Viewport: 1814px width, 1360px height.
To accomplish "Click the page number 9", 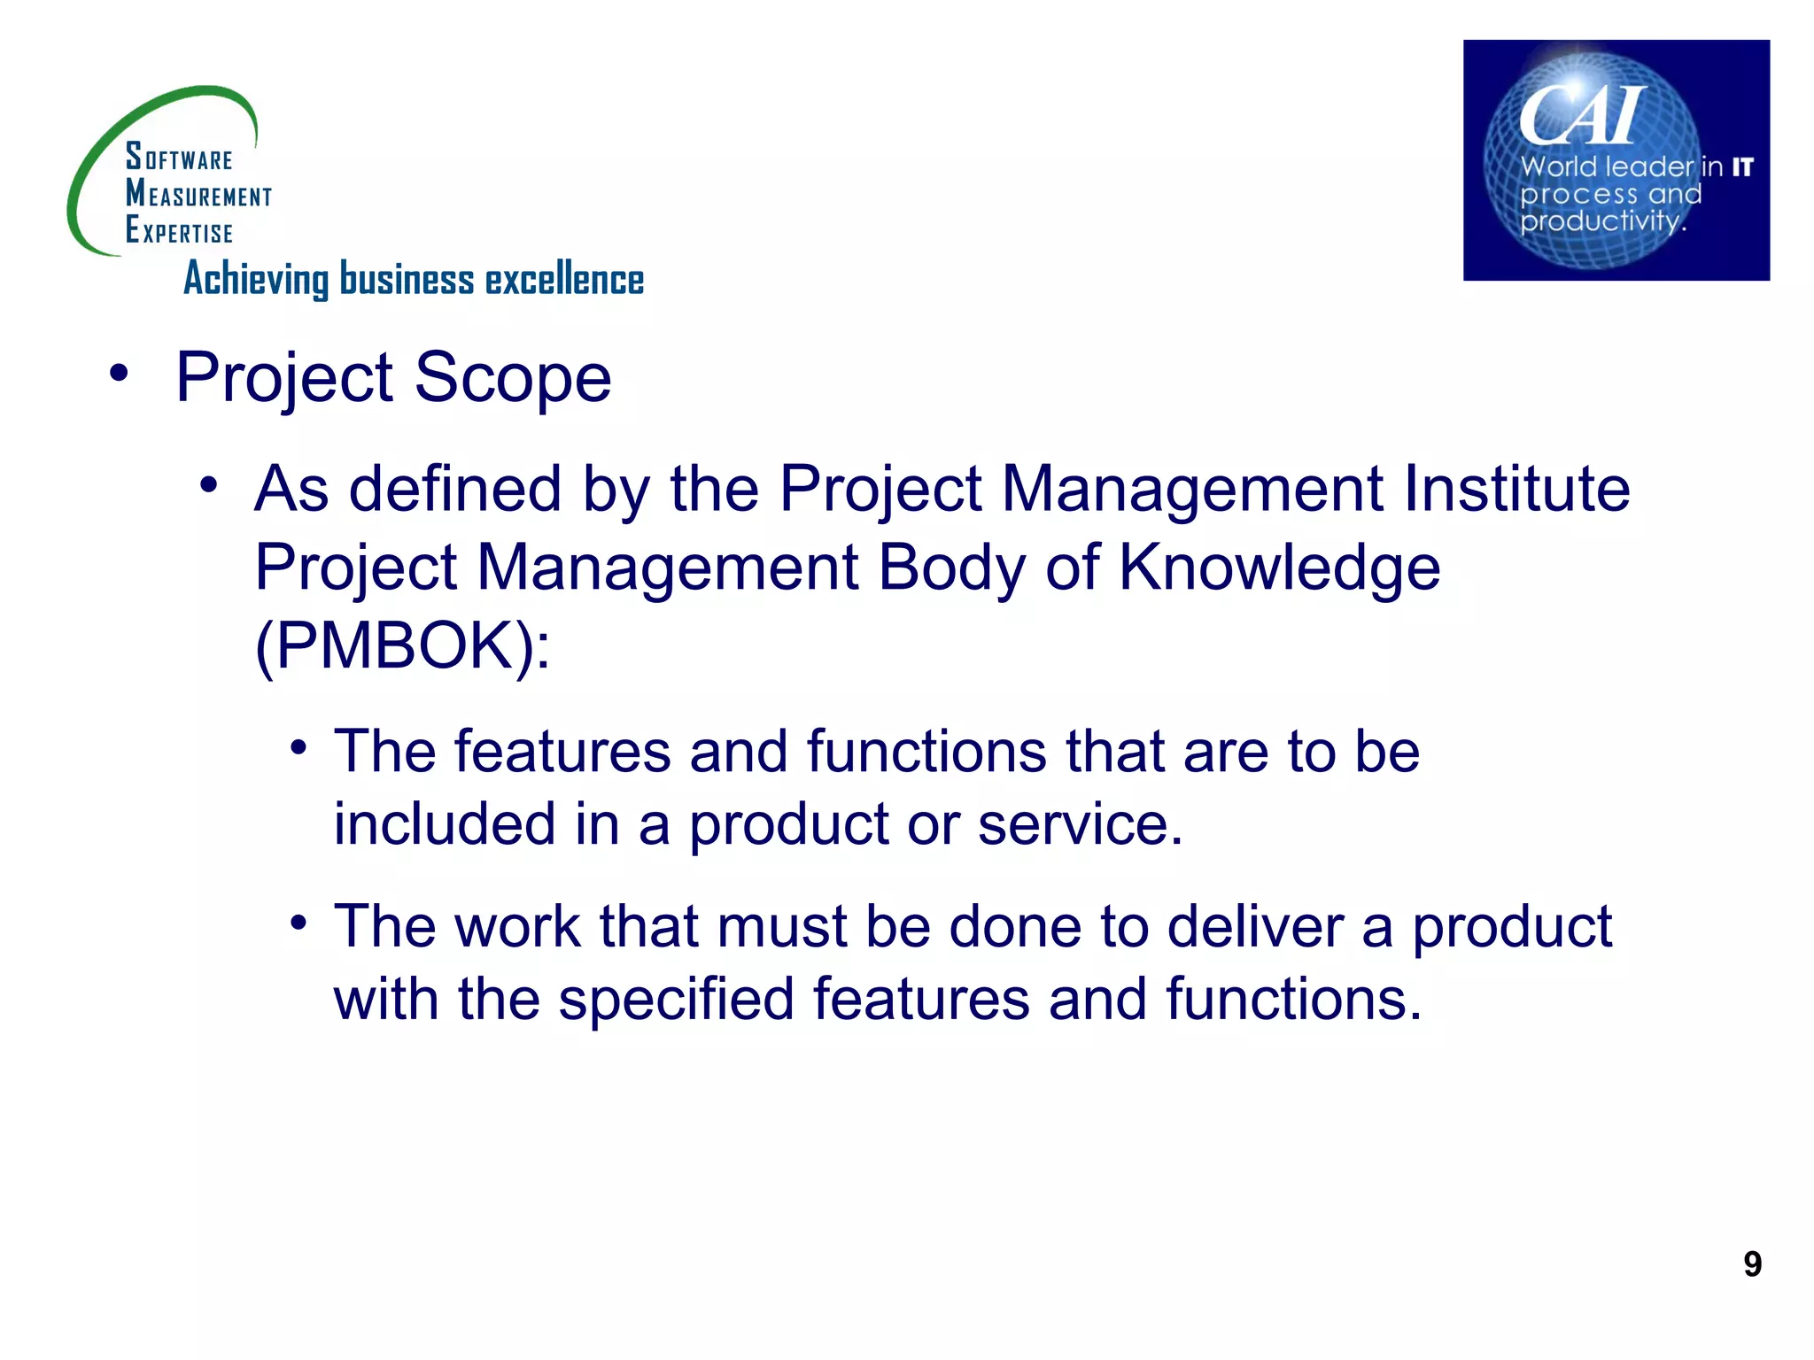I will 1752,1263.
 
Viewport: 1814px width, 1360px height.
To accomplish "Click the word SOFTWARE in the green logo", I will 179,158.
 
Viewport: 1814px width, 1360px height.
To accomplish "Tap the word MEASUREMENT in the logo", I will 198,194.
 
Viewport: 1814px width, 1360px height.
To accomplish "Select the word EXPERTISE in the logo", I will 179,230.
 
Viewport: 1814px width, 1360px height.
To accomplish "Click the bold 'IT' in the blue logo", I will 1742,167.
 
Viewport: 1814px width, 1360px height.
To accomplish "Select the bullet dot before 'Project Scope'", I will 119,373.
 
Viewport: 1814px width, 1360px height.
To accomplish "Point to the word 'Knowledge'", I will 1279,567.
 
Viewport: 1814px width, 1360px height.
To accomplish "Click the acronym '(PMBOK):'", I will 402,645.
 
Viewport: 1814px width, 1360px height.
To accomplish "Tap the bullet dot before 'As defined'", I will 208,484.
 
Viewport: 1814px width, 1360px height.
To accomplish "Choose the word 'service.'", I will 1080,824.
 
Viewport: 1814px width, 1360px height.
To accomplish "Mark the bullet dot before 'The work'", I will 298,923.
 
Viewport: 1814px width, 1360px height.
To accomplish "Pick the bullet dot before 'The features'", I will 298,748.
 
